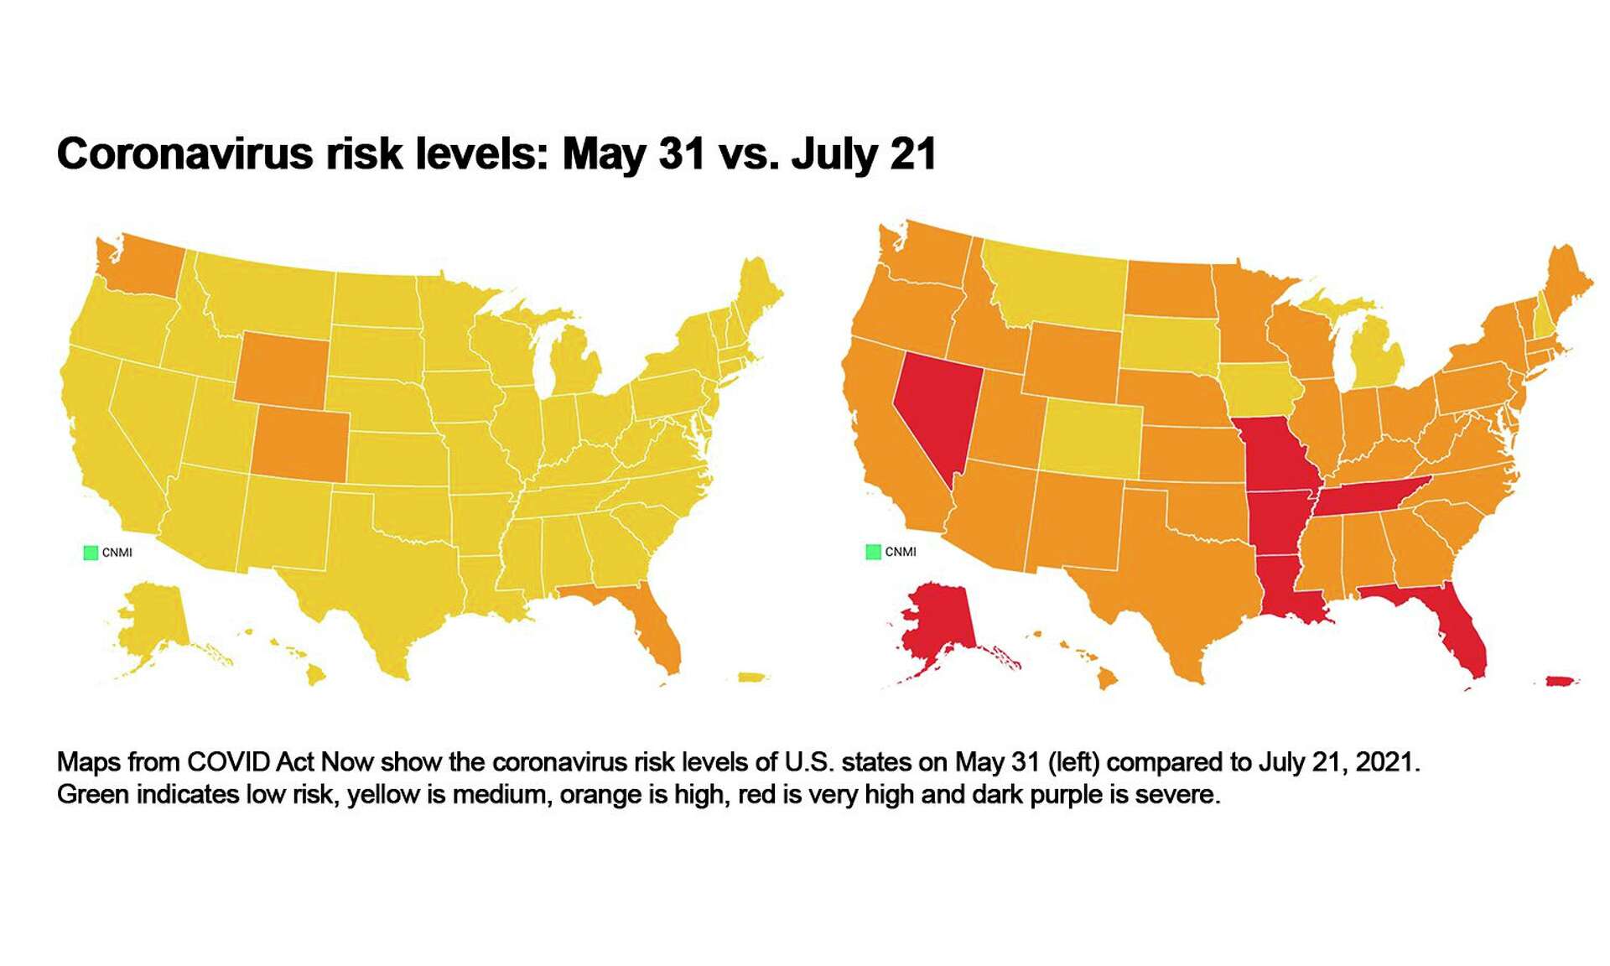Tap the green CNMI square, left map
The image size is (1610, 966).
coord(91,553)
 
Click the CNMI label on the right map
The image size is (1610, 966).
coord(901,552)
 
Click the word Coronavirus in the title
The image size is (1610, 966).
coord(185,154)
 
